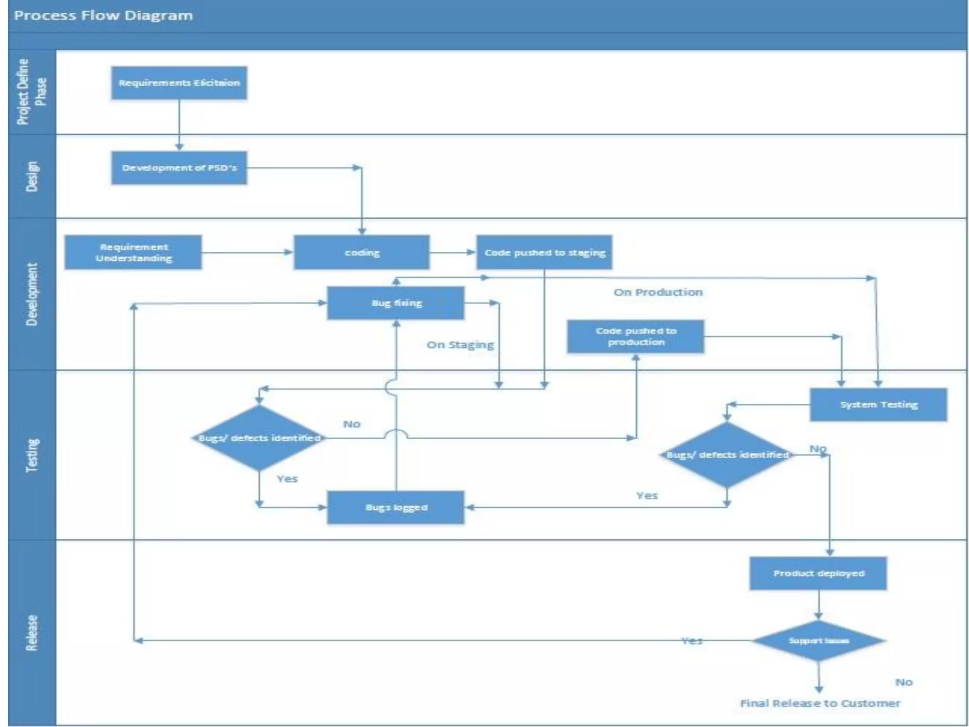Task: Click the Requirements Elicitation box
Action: [179, 83]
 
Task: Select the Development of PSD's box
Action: [179, 168]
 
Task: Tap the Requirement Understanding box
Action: [133, 252]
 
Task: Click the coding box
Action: [362, 252]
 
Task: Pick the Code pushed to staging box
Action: [544, 252]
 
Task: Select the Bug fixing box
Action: [396, 303]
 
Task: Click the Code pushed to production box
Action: [635, 337]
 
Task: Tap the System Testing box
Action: [879, 405]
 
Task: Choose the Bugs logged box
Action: [396, 507]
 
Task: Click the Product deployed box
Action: [819, 573]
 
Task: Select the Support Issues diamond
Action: [819, 641]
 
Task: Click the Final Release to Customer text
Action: [820, 703]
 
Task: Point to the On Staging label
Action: [460, 345]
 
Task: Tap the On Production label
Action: [658, 292]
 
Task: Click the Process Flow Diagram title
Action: [104, 16]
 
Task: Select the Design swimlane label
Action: [32, 176]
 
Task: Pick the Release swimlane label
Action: [32, 633]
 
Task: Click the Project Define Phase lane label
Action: [32, 91]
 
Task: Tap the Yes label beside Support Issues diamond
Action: [692, 641]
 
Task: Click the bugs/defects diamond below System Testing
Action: [727, 455]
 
